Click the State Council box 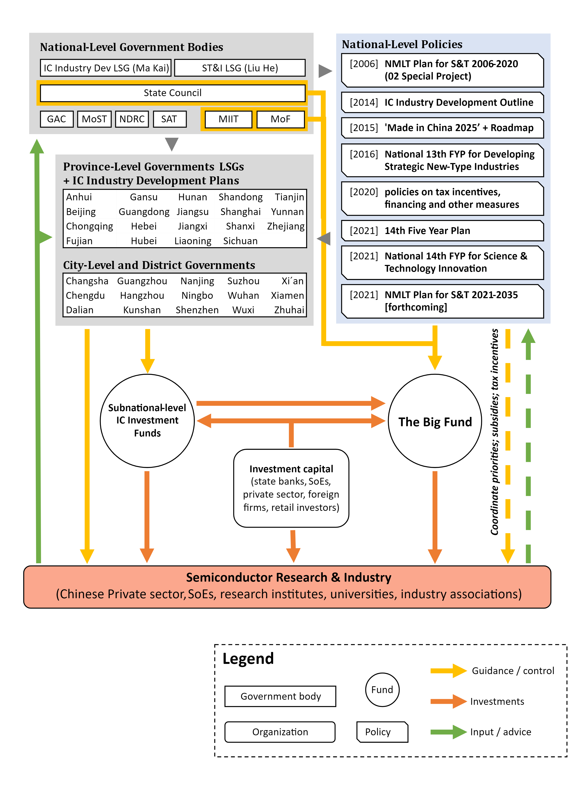point(172,93)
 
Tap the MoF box point(280,119)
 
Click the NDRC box point(132,119)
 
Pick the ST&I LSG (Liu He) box point(240,68)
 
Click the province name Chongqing point(89,226)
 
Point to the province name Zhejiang point(286,226)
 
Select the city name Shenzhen point(197,310)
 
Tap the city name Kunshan point(142,310)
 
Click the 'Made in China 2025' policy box point(442,128)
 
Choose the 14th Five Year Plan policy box point(442,231)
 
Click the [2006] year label point(364,64)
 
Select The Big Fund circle point(435,421)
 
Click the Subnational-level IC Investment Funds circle point(147,420)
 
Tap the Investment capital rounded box point(291,488)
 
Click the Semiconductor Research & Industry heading point(288,577)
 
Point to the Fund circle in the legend point(382,690)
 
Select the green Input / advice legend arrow point(448,732)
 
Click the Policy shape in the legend point(382,732)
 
